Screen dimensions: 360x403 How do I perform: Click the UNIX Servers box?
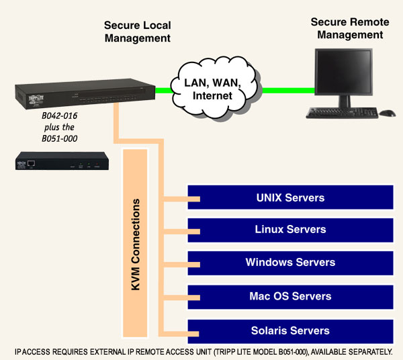coord(289,198)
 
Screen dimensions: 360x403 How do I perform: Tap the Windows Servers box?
coord(289,263)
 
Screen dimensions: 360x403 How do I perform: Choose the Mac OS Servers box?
coord(289,296)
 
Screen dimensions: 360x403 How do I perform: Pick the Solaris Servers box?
coord(289,330)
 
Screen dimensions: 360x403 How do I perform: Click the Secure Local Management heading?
coord(137,32)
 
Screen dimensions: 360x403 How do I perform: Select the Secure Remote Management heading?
coord(347,28)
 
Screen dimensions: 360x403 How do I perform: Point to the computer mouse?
coord(388,112)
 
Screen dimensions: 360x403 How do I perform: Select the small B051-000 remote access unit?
coord(61,163)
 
